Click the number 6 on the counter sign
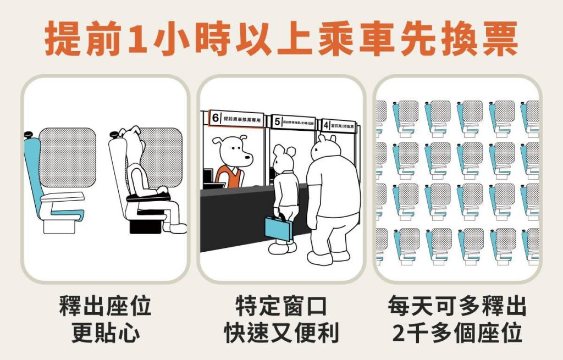(x=216, y=118)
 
